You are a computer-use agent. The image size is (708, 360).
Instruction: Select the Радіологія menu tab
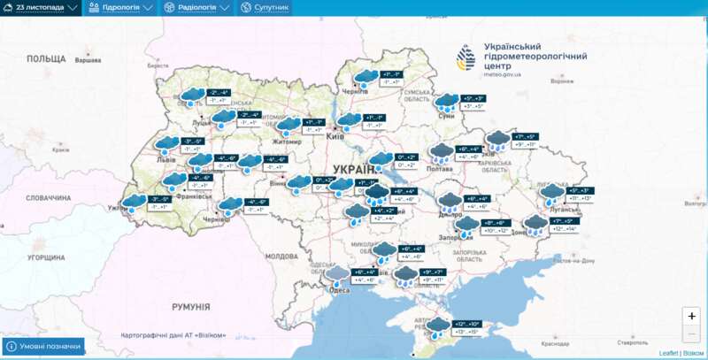197,7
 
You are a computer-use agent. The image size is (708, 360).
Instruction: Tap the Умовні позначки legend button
44,346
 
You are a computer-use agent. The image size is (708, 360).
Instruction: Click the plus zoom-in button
691,316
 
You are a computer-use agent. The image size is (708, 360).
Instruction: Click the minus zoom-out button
691,333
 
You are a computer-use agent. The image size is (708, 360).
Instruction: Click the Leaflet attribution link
669,353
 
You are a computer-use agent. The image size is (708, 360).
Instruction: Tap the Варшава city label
88,60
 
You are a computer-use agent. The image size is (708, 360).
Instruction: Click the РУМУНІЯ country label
190,306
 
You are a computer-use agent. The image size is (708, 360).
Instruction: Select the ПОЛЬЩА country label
45,58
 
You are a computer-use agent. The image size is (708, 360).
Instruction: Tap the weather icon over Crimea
436,326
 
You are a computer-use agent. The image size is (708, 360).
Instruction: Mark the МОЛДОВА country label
281,256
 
